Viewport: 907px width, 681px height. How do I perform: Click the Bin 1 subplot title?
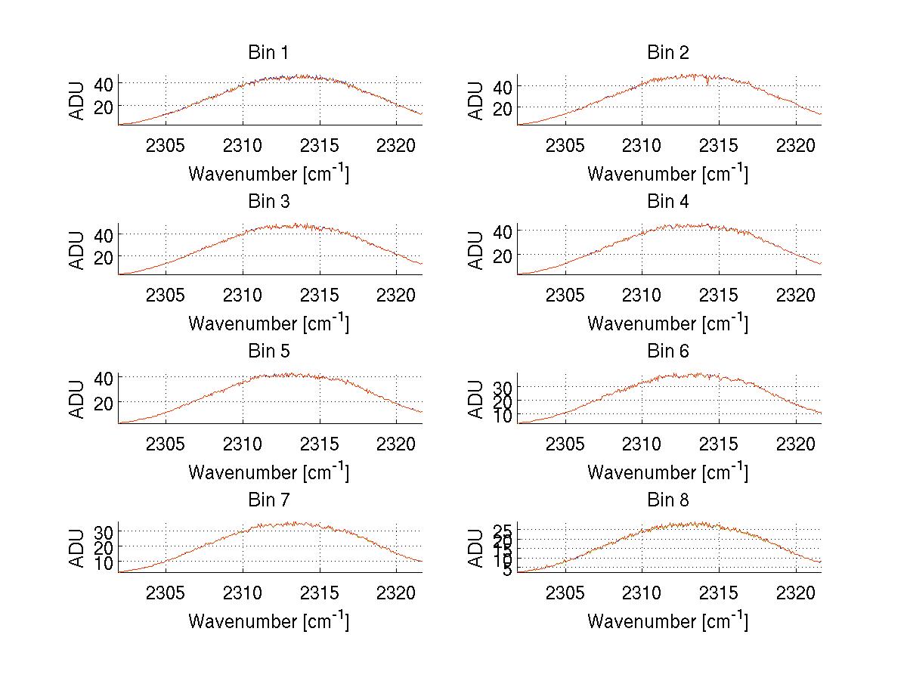coord(268,53)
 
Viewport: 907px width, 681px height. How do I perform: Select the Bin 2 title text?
coord(668,53)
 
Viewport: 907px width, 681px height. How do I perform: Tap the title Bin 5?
coord(268,351)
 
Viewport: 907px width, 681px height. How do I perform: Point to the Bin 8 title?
coord(668,500)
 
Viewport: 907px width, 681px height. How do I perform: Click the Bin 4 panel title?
coord(668,202)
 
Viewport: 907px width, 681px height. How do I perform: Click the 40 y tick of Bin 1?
coord(104,83)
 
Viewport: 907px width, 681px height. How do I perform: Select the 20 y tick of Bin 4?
coord(503,256)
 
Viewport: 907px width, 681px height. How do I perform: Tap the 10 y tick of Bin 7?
coord(104,563)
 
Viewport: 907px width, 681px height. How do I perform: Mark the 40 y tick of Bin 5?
coord(104,378)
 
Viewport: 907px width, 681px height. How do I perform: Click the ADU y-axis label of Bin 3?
coord(77,249)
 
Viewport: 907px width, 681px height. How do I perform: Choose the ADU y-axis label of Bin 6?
coord(476,398)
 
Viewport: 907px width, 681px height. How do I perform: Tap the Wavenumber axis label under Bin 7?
coord(268,621)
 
